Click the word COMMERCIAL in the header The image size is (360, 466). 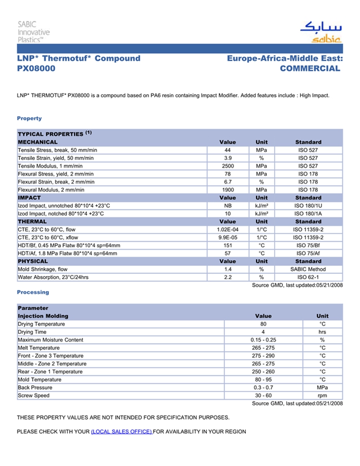(x=310, y=68)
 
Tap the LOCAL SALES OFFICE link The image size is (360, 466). (x=121, y=432)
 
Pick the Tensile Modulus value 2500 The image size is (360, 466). (x=228, y=166)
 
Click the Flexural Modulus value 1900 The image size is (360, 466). (x=228, y=190)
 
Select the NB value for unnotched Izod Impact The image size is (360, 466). (x=228, y=206)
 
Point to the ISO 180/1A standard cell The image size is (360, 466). (x=308, y=213)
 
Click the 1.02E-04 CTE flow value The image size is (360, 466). (x=228, y=229)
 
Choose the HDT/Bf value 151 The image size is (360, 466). (x=228, y=245)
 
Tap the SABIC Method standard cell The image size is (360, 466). (x=308, y=269)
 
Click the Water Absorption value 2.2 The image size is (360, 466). (x=228, y=277)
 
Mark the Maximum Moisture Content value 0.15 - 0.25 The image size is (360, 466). (x=263, y=340)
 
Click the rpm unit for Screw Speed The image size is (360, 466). (x=322, y=396)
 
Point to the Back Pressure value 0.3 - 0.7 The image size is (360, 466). (x=263, y=388)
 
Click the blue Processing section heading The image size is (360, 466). (x=33, y=292)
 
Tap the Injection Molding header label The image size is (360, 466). (x=43, y=316)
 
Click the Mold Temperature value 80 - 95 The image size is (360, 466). (x=263, y=380)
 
